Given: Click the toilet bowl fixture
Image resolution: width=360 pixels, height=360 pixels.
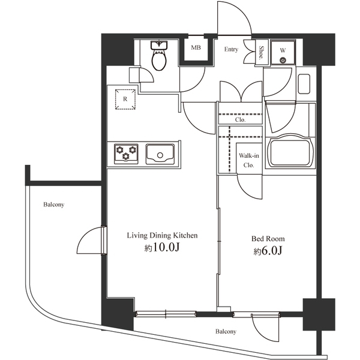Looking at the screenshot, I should (x=159, y=61).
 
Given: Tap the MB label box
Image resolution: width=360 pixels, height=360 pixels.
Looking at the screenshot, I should (x=196, y=47).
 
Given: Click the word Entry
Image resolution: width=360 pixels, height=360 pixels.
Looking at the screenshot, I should (x=232, y=50).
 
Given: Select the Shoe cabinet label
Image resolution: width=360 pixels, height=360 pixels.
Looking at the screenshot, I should (x=262, y=51).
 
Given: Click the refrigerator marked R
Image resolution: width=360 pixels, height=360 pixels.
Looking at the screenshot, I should (x=124, y=99).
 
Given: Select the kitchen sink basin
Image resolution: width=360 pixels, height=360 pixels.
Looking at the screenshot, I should (x=160, y=154).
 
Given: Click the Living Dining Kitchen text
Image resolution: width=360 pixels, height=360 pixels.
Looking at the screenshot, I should (x=161, y=235).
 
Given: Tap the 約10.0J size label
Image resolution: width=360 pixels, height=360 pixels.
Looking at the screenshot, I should (x=161, y=248).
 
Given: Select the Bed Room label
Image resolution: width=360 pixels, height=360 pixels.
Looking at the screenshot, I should (x=268, y=238).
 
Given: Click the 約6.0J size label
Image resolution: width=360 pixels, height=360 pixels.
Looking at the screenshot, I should (x=268, y=251).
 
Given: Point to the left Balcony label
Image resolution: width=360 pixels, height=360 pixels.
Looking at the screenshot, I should (x=53, y=205).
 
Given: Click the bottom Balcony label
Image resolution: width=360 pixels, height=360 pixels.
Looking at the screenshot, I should (x=226, y=331).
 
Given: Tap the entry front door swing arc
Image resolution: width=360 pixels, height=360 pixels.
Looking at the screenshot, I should (x=234, y=18).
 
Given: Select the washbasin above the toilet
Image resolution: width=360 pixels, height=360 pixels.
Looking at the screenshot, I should (x=160, y=45).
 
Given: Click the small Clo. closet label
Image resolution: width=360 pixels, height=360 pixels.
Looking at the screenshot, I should (x=240, y=119).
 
